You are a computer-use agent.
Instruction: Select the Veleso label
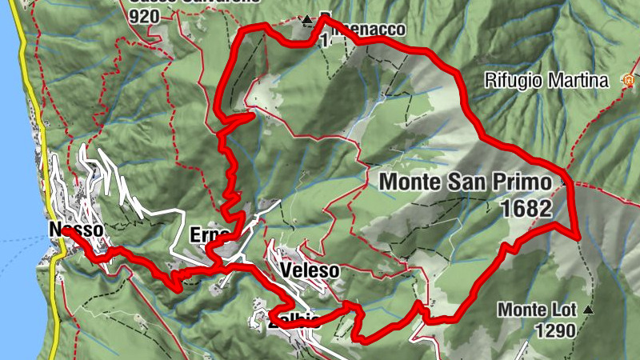click(x=310, y=271)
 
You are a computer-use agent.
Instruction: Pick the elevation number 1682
click(x=524, y=209)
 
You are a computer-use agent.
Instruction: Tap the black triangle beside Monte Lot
click(x=589, y=309)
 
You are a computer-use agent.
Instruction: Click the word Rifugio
click(x=513, y=80)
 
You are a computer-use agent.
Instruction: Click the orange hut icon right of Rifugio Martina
click(x=629, y=80)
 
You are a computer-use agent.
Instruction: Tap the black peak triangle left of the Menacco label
click(x=306, y=19)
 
